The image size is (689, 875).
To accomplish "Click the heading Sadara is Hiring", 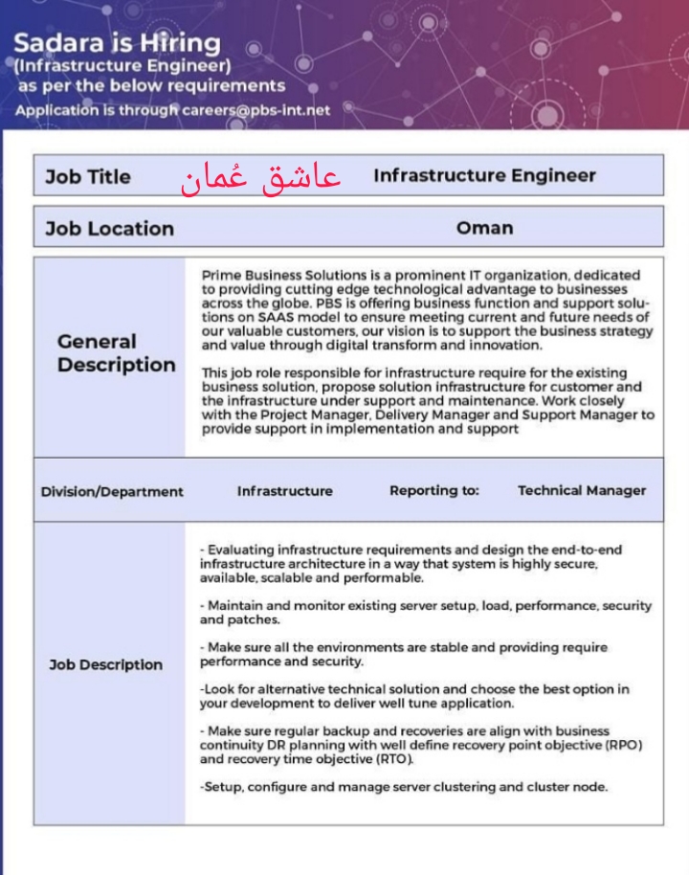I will tap(117, 43).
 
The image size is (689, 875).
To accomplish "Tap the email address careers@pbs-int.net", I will tap(256, 110).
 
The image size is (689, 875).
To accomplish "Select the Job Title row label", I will tap(88, 177).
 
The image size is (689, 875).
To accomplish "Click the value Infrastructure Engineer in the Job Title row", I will tap(484, 176).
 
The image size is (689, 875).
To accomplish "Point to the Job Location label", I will tap(109, 229).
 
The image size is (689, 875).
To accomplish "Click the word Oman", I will tap(484, 229).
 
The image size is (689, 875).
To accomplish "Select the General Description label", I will tap(116, 353).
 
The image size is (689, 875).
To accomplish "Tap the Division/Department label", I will tap(112, 491).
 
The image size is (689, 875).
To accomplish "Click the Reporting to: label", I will tap(433, 490).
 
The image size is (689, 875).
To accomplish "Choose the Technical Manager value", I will tap(582, 490).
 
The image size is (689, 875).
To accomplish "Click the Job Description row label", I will tap(106, 665).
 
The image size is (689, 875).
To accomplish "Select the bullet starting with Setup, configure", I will tap(404, 787).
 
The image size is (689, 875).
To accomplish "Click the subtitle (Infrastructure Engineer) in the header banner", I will tap(122, 66).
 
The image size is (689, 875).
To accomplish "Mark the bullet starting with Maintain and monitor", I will tap(425, 613).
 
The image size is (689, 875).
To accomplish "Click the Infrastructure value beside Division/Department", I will tap(285, 491).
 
